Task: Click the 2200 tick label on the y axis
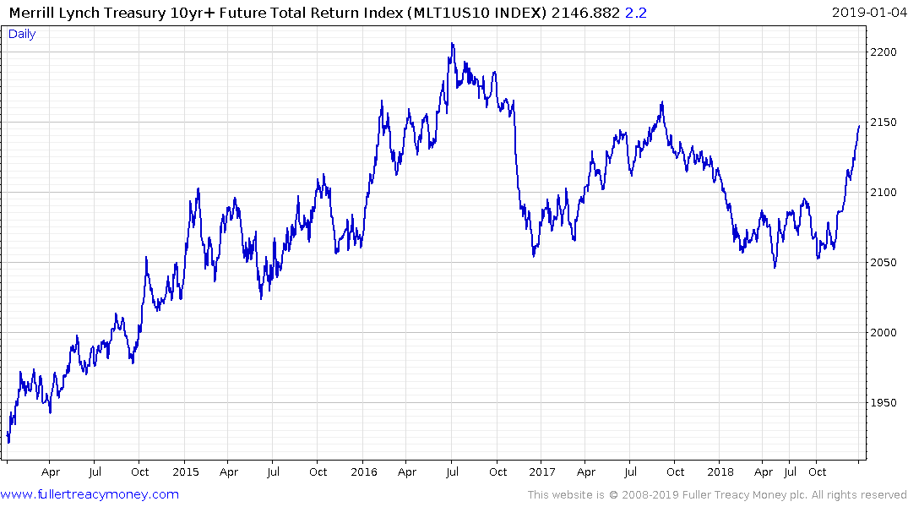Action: pyautogui.click(x=884, y=52)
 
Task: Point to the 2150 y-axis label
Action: pyautogui.click(x=884, y=123)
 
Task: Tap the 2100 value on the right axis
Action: pyautogui.click(x=884, y=193)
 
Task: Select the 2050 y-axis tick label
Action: pyautogui.click(x=884, y=263)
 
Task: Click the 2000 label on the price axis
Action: pyautogui.click(x=884, y=333)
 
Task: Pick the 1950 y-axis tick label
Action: pyautogui.click(x=884, y=403)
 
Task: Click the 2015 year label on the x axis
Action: pyautogui.click(x=186, y=472)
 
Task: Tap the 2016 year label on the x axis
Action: pyautogui.click(x=364, y=472)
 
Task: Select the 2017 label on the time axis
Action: pyautogui.click(x=542, y=472)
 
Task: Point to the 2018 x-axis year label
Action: pyautogui.click(x=720, y=472)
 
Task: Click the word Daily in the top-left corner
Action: pyautogui.click(x=22, y=34)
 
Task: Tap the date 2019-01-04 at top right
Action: pyautogui.click(x=867, y=12)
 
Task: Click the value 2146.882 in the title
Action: pyautogui.click(x=580, y=12)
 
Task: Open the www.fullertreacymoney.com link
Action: pyautogui.click(x=90, y=494)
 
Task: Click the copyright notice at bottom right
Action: pyautogui.click(x=717, y=495)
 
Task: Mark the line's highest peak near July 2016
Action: pyautogui.click(x=452, y=44)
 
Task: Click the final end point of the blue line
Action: pyautogui.click(x=859, y=126)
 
